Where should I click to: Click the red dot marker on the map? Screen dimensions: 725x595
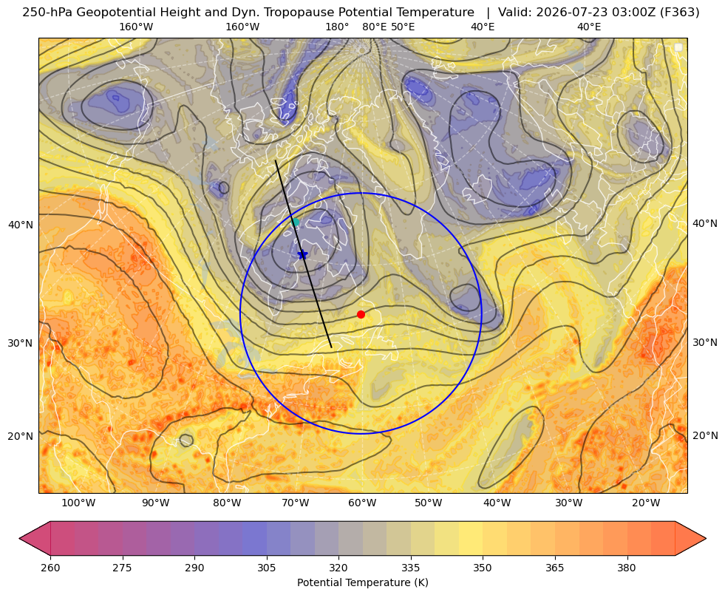point(361,314)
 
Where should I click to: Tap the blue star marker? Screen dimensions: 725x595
point(302,254)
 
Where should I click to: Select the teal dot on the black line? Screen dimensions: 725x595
point(296,222)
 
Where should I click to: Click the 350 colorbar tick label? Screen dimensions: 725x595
point(483,568)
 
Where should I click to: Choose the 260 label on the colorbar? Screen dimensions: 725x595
point(50,568)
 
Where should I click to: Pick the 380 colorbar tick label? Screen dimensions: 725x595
point(627,568)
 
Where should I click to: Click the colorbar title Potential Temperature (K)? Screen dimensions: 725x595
point(362,582)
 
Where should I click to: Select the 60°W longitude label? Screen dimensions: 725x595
point(362,503)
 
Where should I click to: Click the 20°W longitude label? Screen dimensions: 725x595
point(646,503)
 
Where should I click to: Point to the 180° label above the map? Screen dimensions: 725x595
point(337,27)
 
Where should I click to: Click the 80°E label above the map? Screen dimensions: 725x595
point(375,27)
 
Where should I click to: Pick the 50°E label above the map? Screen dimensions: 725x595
point(403,27)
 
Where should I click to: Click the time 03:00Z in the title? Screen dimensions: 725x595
point(633,13)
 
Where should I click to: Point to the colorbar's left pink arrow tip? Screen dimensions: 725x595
point(19,538)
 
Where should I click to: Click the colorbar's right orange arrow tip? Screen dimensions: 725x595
point(706,538)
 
